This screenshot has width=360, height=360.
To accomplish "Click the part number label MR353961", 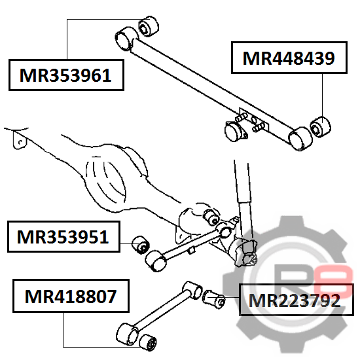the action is click(66, 75).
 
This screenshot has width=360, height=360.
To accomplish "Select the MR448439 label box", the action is click(289, 58).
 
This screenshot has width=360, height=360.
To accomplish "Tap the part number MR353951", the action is click(63, 237).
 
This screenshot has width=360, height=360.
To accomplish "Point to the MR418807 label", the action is click(71, 296).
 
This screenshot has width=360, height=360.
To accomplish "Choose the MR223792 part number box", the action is click(296, 300).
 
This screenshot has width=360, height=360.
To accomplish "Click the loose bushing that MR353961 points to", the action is click(149, 26).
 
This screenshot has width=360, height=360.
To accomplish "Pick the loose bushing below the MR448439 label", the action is click(321, 127).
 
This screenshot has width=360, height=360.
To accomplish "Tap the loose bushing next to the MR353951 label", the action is click(141, 245).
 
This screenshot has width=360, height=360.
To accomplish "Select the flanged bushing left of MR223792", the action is click(214, 298).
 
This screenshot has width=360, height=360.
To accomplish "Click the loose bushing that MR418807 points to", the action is click(149, 342).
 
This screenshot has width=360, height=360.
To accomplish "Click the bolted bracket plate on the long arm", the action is click(254, 120).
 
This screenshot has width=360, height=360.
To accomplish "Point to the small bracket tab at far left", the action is click(20, 140).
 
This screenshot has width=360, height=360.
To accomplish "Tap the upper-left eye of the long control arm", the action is click(126, 39).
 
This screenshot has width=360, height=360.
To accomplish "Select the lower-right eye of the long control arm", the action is click(300, 139).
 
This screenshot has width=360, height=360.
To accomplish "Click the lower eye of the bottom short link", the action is click(128, 334).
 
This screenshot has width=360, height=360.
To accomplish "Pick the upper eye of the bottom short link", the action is click(193, 290).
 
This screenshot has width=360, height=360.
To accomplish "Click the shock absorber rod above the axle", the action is click(242, 181).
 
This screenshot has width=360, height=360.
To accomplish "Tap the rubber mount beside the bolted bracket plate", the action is click(235, 132).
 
